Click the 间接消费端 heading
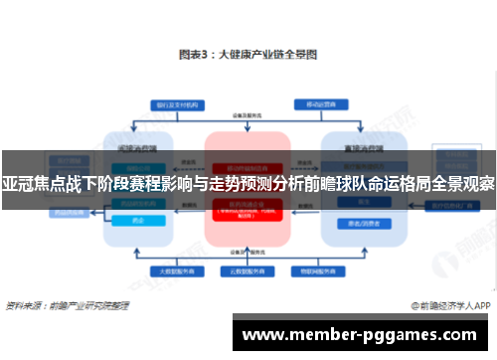[x=138, y=145]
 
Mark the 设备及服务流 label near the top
[x=248, y=116]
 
